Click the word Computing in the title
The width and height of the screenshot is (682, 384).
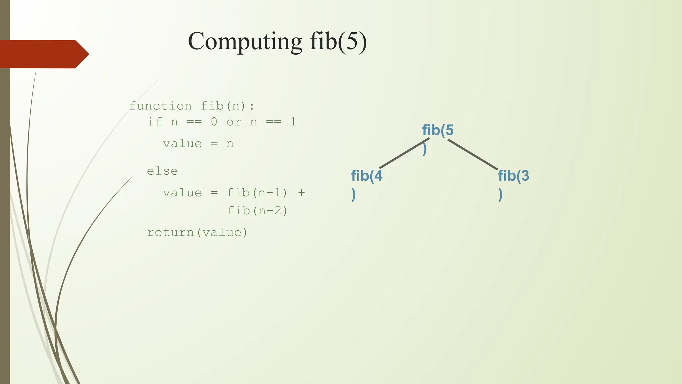point(245,41)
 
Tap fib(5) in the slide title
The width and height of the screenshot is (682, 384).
point(338,41)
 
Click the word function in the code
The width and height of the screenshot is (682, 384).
point(161,106)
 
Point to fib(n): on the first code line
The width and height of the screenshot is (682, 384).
point(227,106)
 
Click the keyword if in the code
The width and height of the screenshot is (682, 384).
point(155,122)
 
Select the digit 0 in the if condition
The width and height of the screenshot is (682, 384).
point(214,122)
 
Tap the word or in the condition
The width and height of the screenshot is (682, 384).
point(234,122)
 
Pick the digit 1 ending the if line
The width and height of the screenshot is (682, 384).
point(293,122)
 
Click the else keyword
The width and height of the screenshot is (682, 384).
point(163,171)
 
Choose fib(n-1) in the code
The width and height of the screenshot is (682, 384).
point(257,193)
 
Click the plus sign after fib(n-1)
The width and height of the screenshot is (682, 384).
point(301,193)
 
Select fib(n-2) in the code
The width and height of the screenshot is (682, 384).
point(257,211)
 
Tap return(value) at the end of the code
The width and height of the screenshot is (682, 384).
point(197,232)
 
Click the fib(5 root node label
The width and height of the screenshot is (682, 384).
point(438,130)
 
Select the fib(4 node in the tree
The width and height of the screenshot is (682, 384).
point(367,176)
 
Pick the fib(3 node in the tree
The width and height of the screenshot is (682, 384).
point(513,176)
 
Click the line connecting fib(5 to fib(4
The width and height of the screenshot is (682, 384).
point(404,153)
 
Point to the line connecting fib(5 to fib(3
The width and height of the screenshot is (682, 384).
point(473,154)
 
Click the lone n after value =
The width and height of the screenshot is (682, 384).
point(230,144)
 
